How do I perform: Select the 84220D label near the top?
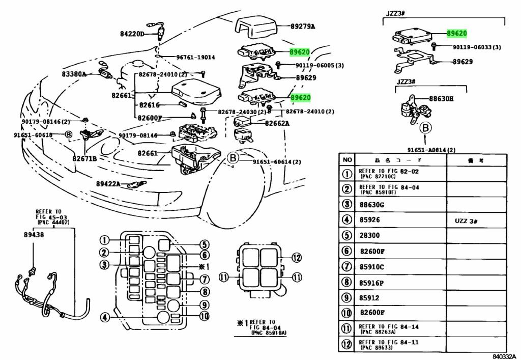[132, 34]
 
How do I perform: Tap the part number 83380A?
[74, 74]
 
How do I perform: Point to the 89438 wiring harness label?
[34, 236]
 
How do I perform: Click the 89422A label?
[108, 184]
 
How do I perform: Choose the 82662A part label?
[277, 123]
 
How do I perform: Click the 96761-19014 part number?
[195, 57]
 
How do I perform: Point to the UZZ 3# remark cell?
[468, 220]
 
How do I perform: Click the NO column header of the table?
[347, 160]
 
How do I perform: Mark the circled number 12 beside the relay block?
[297, 257]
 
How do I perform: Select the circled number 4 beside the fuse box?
[104, 317]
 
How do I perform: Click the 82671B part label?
[84, 158]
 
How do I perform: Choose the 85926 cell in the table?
[369, 220]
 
